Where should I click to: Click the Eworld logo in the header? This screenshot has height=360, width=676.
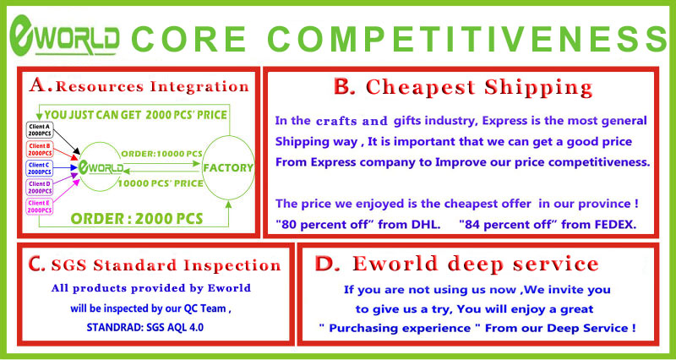click(x=65, y=35)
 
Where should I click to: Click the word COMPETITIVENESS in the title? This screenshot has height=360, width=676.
click(x=469, y=38)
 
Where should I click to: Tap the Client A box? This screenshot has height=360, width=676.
click(x=40, y=129)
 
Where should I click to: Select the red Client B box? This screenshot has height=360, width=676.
click(x=40, y=150)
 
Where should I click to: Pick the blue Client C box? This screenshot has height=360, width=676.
click(x=40, y=168)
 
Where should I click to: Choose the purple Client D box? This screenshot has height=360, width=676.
click(x=40, y=187)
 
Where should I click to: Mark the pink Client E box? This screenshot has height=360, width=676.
click(x=40, y=206)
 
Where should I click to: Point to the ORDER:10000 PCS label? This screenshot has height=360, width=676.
click(x=161, y=154)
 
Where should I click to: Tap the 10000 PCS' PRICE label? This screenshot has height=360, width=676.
click(x=161, y=183)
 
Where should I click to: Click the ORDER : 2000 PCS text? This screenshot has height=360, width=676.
click(x=136, y=218)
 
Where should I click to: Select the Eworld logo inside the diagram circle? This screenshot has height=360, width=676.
click(x=101, y=167)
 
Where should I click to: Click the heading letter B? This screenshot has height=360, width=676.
click(x=345, y=88)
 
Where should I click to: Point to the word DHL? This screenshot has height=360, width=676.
click(x=427, y=224)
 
